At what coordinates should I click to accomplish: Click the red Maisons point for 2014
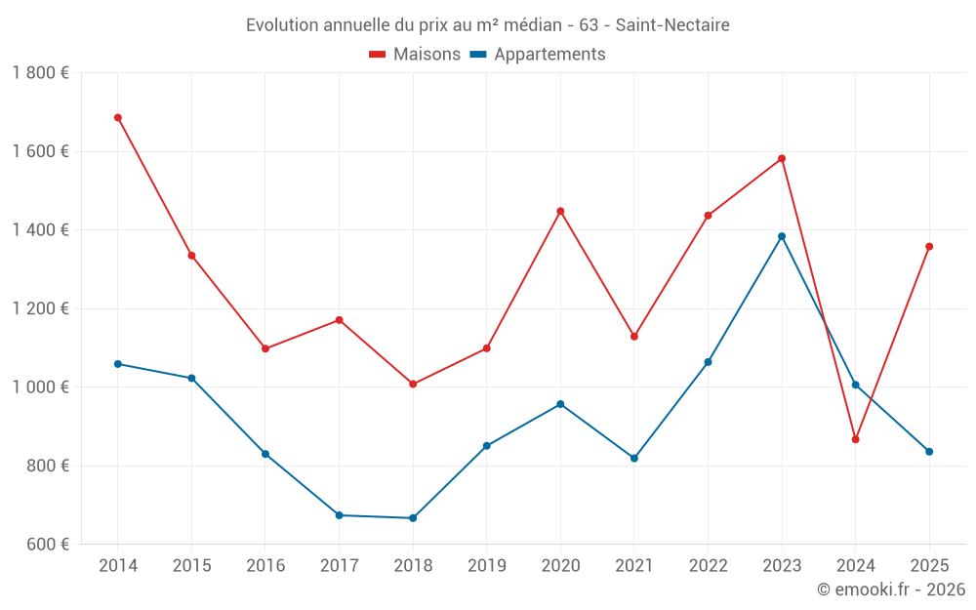click(118, 118)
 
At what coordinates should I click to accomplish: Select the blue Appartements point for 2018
click(413, 518)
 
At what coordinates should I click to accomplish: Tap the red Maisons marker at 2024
click(855, 439)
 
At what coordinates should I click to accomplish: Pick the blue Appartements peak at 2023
click(782, 236)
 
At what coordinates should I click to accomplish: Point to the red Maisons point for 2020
click(560, 211)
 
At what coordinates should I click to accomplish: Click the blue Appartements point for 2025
click(929, 452)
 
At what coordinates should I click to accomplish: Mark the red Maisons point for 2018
click(413, 385)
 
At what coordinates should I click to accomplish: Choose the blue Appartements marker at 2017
click(339, 515)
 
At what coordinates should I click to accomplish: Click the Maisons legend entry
click(415, 55)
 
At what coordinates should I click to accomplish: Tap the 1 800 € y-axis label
click(40, 73)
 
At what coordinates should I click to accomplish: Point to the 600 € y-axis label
click(47, 545)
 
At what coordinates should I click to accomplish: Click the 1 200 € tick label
click(40, 308)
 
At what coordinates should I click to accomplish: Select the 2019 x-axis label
click(486, 566)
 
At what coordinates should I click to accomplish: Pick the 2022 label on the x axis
click(708, 566)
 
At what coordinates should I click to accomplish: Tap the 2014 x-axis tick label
click(118, 566)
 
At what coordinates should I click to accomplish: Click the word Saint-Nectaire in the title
click(672, 24)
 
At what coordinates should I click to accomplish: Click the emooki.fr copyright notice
click(890, 590)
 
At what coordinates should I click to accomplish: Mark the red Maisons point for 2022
click(708, 216)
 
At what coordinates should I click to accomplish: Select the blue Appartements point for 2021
click(634, 458)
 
